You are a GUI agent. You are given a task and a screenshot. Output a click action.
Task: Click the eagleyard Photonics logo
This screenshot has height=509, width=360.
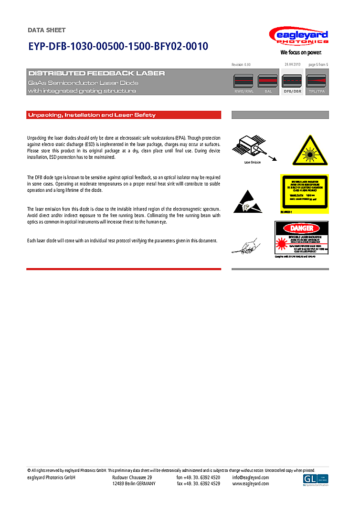click(298, 37)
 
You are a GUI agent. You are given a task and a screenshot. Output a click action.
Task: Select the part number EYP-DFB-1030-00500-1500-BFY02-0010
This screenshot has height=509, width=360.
click(118, 46)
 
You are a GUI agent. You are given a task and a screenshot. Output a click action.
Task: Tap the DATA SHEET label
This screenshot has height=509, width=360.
click(47, 30)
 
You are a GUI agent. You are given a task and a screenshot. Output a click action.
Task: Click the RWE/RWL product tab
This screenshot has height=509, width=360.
click(244, 83)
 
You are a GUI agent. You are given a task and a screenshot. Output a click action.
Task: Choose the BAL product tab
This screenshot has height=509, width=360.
click(268, 83)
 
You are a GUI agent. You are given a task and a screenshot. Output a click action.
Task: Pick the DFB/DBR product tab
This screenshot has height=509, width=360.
click(292, 83)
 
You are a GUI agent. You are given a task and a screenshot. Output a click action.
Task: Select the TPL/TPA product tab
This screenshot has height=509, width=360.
click(317, 83)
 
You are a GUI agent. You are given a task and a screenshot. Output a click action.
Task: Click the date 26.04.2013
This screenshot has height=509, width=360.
click(292, 64)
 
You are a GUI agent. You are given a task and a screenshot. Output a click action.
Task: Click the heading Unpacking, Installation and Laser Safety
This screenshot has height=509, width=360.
click(92, 115)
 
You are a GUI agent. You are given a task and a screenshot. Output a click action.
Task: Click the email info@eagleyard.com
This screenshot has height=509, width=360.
click(251, 478)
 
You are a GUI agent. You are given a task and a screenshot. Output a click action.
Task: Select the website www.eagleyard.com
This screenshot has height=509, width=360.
click(251, 484)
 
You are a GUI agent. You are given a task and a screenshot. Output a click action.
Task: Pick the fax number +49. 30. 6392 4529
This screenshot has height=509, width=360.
click(198, 484)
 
